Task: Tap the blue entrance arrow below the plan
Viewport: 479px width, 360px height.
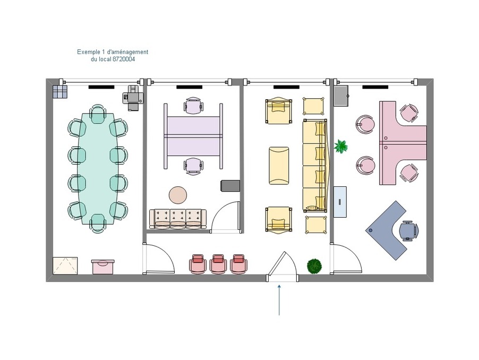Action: [x=279, y=300]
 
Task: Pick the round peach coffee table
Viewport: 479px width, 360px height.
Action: [x=178, y=195]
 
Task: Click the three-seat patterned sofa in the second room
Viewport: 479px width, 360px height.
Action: [x=178, y=219]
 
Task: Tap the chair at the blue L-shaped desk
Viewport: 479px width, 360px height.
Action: [x=409, y=230]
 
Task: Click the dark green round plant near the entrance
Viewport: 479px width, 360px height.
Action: [x=315, y=266]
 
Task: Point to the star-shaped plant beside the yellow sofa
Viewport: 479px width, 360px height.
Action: [x=341, y=146]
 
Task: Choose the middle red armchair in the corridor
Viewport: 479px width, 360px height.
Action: [x=218, y=263]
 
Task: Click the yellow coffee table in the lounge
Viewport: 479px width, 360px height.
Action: [x=279, y=166]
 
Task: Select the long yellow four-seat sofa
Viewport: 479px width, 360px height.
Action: [x=315, y=166]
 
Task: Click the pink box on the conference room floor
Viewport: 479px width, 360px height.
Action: [x=103, y=267]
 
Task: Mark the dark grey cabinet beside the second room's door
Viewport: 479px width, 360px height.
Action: [x=230, y=186]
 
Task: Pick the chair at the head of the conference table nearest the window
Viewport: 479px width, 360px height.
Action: [x=98, y=114]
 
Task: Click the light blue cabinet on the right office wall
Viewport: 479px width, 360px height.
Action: [x=340, y=202]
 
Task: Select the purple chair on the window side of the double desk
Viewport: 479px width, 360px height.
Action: [x=194, y=106]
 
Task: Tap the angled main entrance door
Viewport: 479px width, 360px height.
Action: [x=281, y=264]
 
